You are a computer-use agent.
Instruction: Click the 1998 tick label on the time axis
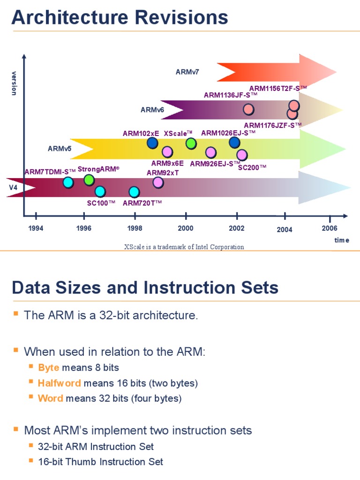[x=135, y=228]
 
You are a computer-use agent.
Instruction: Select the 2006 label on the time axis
[x=330, y=228]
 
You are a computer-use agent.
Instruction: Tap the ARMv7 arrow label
[x=187, y=72]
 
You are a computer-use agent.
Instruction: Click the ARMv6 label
[x=152, y=110]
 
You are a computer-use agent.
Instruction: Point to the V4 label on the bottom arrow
[x=14, y=187]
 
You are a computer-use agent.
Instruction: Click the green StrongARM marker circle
[x=89, y=180]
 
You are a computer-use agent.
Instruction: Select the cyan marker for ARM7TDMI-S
[x=68, y=182]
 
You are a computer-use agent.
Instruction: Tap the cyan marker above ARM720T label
[x=134, y=192]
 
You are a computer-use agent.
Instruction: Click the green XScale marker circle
[x=191, y=143]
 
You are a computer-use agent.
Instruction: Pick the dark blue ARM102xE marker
[x=152, y=143]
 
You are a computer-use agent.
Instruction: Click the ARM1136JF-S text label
[x=231, y=95]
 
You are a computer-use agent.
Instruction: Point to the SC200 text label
[x=252, y=167]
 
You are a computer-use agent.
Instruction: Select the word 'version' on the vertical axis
[x=14, y=83]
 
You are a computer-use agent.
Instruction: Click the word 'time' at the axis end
[x=342, y=240]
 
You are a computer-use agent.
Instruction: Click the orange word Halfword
[x=59, y=383]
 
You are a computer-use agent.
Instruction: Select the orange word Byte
[x=48, y=367]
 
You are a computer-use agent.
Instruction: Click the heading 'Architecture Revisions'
[x=120, y=18]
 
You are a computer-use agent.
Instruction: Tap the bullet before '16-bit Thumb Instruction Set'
[x=31, y=461]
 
